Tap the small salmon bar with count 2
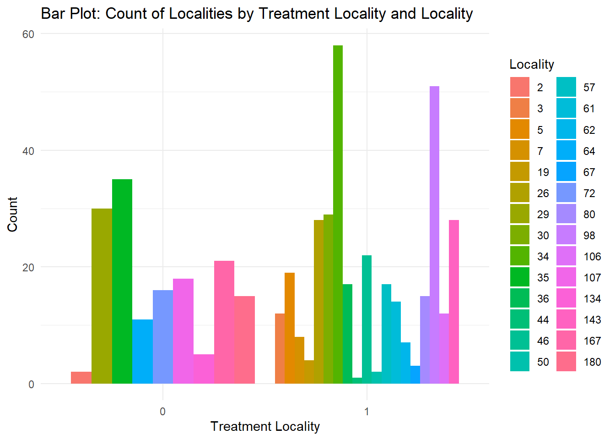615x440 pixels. tap(81, 378)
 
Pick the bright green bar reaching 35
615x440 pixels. tap(122, 281)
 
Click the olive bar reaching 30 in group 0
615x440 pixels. tap(102, 296)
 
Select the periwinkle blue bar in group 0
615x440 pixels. tap(163, 337)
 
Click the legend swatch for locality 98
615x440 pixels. tap(566, 235)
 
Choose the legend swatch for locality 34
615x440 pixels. tap(520, 256)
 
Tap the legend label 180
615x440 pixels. tap(592, 362)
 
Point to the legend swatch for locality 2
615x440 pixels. tap(520, 87)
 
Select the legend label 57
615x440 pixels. tap(589, 88)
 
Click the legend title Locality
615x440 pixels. tap(531, 65)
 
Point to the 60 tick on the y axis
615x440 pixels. tap(28, 34)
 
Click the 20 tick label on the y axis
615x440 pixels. tap(28, 268)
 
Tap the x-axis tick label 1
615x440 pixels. tap(367, 412)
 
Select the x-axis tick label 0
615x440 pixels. tap(162, 412)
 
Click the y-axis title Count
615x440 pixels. tap(12, 214)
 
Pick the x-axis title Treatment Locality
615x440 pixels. tap(265, 427)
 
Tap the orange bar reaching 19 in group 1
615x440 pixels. tap(289, 328)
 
